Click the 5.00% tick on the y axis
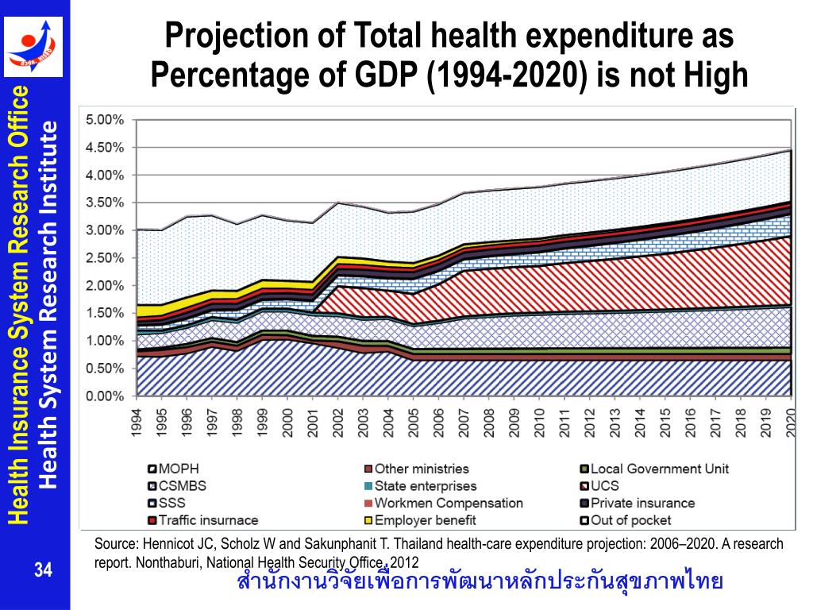105,120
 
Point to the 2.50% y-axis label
105,258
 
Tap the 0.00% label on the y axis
105,396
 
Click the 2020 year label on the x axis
791,420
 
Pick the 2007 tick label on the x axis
465,420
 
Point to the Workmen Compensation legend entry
449,503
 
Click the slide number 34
42,569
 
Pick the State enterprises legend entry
426,486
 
